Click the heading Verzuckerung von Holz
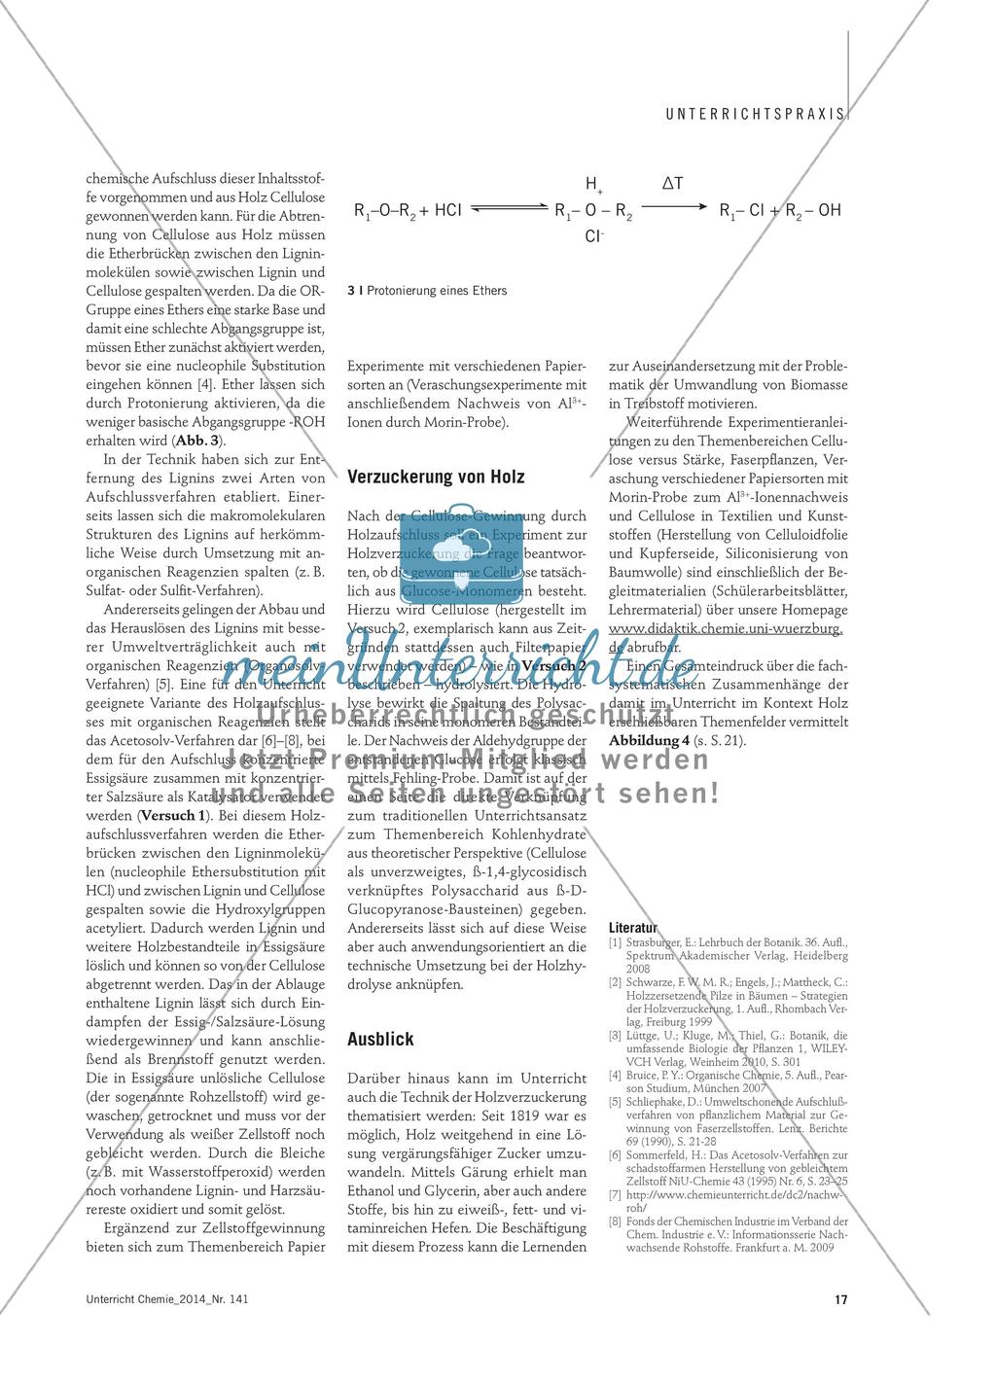(436, 477)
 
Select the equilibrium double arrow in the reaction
(510, 209)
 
